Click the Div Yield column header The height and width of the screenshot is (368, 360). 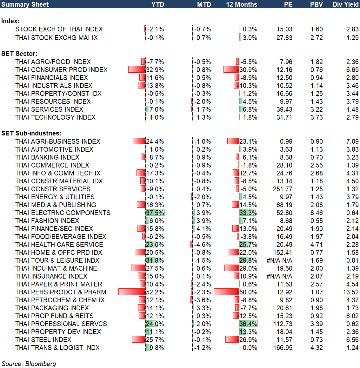tap(345, 4)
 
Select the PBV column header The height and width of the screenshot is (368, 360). tap(316, 4)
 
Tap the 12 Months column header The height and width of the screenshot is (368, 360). tap(242, 4)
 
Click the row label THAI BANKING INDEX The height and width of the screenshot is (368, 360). tap(47, 157)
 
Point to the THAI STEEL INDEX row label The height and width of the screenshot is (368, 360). tap(43, 340)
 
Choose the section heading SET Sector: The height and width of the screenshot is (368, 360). tap(19, 54)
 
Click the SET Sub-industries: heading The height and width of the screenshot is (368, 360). tap(31, 133)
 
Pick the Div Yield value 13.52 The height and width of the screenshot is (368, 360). tap(351, 292)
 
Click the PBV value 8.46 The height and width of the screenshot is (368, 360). tap(317, 213)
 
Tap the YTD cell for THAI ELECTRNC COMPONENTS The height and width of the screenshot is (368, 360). tap(155, 213)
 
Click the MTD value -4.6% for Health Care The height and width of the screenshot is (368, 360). tap(203, 245)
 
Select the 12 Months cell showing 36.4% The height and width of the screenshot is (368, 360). tap(248, 324)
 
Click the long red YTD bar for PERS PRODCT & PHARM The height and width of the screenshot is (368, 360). tap(132, 292)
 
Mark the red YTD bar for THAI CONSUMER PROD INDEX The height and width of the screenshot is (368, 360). tap(137, 69)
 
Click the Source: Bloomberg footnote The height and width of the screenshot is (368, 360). tap(29, 364)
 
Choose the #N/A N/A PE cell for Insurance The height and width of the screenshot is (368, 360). tap(279, 276)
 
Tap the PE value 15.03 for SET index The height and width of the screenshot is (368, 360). tap(284, 29)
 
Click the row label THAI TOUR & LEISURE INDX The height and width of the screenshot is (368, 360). tap(57, 260)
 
